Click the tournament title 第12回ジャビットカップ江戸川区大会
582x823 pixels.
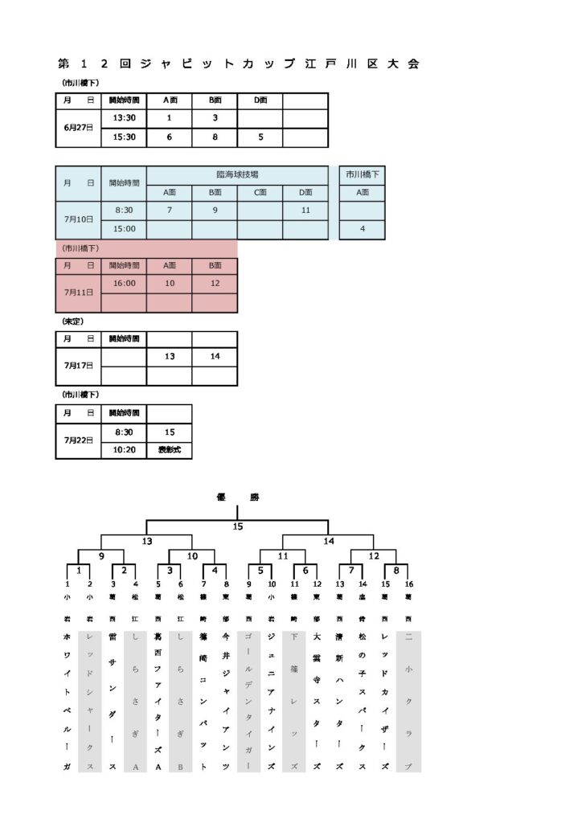click(239, 64)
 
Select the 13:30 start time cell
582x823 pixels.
click(124, 118)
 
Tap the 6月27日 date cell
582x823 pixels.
click(78, 128)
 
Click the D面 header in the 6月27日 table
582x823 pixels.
click(260, 100)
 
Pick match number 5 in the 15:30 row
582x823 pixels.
click(260, 137)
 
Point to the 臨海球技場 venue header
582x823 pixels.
click(237, 174)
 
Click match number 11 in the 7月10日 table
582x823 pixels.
click(305, 211)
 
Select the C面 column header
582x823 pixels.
click(260, 192)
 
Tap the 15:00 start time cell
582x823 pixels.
click(124, 229)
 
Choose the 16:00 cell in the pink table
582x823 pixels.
click(124, 284)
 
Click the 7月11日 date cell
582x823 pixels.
click(78, 293)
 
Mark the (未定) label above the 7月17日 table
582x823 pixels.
click(72, 321)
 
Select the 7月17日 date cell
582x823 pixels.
click(78, 366)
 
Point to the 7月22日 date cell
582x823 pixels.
click(78, 440)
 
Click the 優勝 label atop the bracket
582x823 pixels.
click(237, 497)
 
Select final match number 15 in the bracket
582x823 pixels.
click(237, 526)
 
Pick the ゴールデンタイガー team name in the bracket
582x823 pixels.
click(249, 699)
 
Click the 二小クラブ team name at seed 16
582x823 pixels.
click(409, 699)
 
